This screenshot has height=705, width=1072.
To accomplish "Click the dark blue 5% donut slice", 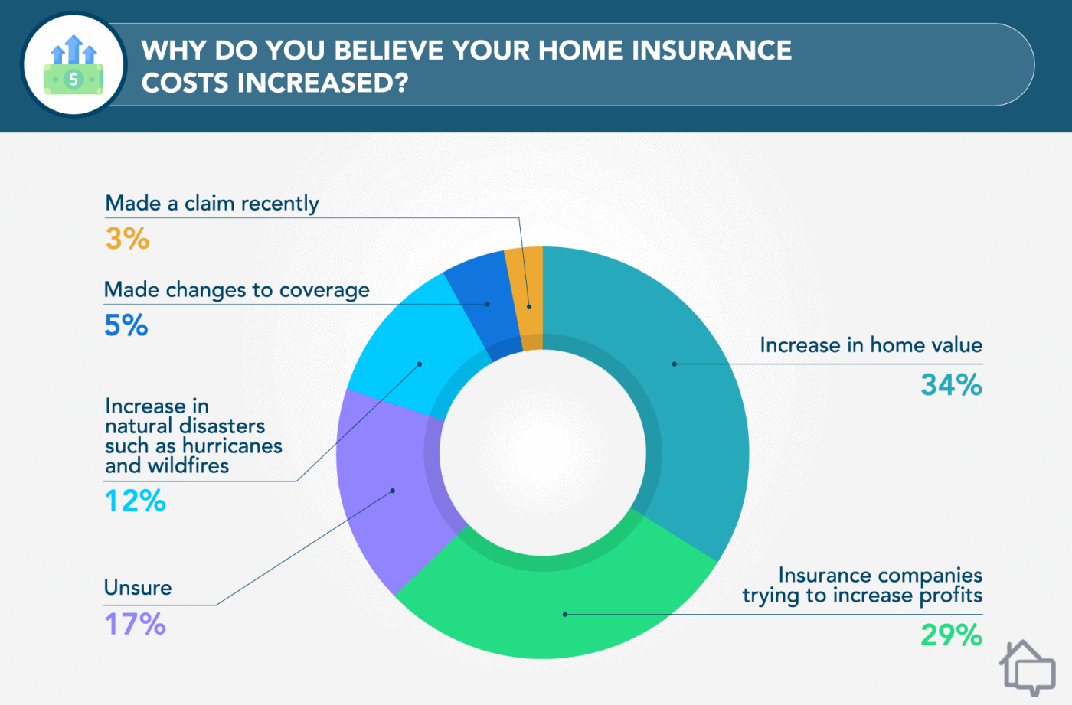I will coord(479,306).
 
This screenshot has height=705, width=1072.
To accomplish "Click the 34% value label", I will coord(951,384).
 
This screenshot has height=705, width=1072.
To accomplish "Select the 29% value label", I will coord(951,635).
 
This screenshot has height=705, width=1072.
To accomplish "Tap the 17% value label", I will coord(135,624).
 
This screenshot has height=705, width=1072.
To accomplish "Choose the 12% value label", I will coord(135,501).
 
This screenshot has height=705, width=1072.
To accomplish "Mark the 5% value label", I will coord(126,325).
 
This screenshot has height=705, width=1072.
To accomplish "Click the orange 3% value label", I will coord(127,238).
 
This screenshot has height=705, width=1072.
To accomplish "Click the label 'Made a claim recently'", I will coord(212,203).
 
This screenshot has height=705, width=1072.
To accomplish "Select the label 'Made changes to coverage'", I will coord(237,289).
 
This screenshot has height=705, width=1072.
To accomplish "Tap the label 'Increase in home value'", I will coord(871,344).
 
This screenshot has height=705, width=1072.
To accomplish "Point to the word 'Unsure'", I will coord(138,587).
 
